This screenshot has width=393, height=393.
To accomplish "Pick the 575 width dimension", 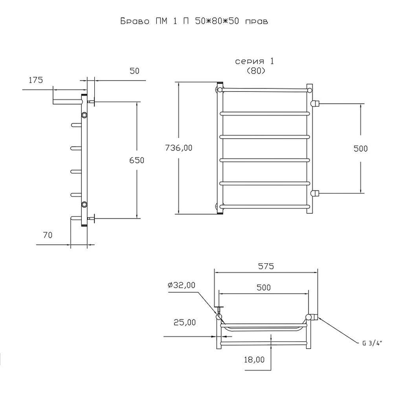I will tap(266, 266).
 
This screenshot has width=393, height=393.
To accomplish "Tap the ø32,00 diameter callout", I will tap(182, 285).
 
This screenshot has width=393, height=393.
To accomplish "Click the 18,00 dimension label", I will tap(254, 359).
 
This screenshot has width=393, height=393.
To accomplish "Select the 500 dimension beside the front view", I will tap(360, 148).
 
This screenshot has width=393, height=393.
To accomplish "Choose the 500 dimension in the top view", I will tap(263, 287).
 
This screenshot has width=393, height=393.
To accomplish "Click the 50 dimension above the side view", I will tap(134, 71).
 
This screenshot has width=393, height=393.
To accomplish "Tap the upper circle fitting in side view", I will tap(84, 115).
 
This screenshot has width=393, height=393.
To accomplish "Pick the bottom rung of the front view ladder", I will tap(264, 206).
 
